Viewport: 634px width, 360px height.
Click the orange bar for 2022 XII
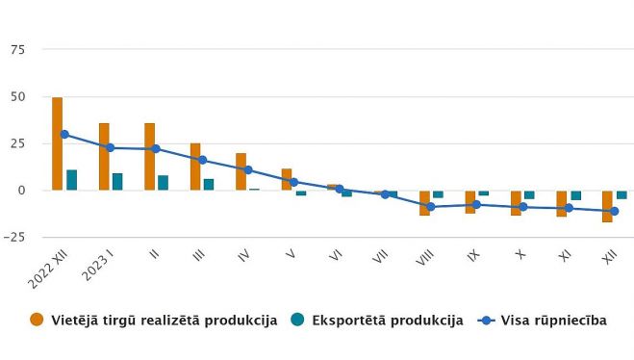pos(58,143)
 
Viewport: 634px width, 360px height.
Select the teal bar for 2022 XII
pos(72,180)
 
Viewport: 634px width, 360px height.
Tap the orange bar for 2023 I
pos(104,156)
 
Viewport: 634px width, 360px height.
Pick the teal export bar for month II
pos(164,183)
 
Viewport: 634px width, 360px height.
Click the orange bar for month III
pos(195,167)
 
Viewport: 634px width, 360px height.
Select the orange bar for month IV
pos(241,171)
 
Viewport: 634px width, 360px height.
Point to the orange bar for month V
pos(287,179)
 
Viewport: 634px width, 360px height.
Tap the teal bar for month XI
pos(575,195)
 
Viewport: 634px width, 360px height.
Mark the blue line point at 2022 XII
pos(64,135)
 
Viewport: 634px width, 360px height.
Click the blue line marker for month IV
pos(247,170)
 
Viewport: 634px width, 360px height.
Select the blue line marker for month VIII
pos(431,206)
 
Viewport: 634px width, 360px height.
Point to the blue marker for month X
pos(522,207)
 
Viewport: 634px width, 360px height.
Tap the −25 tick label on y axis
pos(13,237)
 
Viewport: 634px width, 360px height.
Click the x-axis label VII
pos(385,258)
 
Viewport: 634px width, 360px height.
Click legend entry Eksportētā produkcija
pos(385,321)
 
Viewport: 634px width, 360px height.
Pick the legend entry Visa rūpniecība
pos(548,321)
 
